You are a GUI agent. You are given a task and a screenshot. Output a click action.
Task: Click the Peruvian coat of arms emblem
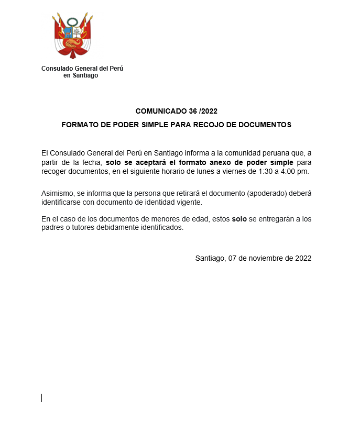pyautogui.click(x=72, y=37)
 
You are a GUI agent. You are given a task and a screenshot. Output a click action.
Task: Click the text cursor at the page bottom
pyautogui.click(x=42, y=397)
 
